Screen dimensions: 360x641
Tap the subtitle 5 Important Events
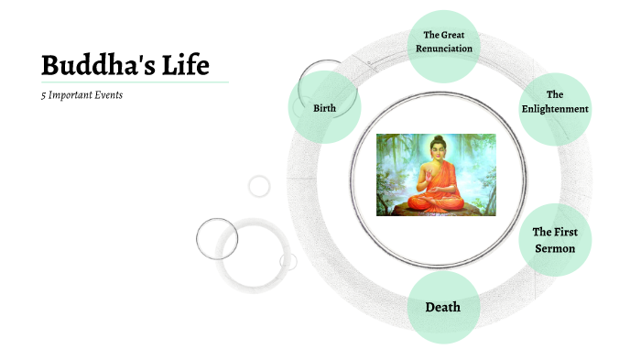81,94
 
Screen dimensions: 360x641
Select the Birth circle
324,108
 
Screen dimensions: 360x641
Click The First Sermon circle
555,240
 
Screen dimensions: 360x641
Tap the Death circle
442,307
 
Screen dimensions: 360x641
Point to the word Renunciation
441,49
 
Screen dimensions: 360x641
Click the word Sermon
555,248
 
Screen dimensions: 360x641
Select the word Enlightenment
555,109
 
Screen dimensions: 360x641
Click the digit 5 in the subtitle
43,94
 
